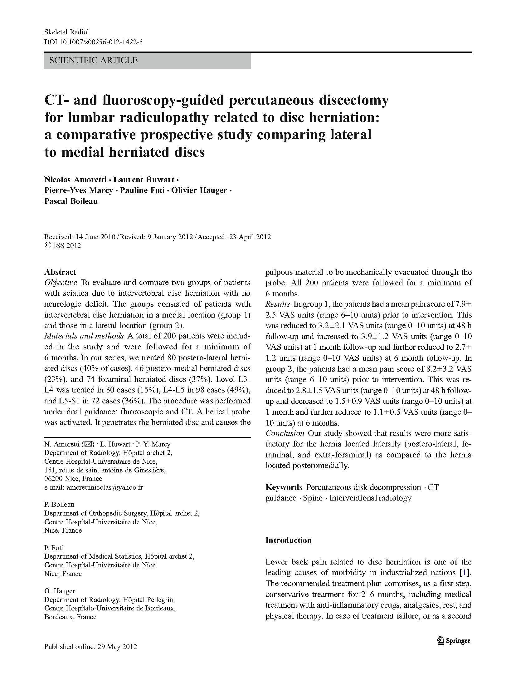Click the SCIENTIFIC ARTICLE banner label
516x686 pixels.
click(93, 60)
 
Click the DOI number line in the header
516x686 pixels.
click(93, 42)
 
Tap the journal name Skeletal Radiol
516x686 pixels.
click(66, 32)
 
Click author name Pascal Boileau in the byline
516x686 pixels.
click(71, 201)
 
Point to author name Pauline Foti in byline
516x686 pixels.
click(142, 190)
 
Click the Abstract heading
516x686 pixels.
click(60, 272)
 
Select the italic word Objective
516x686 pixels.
click(61, 283)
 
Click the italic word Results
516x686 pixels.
click(278, 304)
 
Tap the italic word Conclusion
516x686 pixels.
click(285, 433)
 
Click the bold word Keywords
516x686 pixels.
click(284, 487)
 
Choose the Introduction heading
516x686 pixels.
click(288, 540)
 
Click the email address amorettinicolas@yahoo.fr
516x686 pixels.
click(105, 487)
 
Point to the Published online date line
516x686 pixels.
click(90, 647)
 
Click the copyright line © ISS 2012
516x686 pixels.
click(63, 245)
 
